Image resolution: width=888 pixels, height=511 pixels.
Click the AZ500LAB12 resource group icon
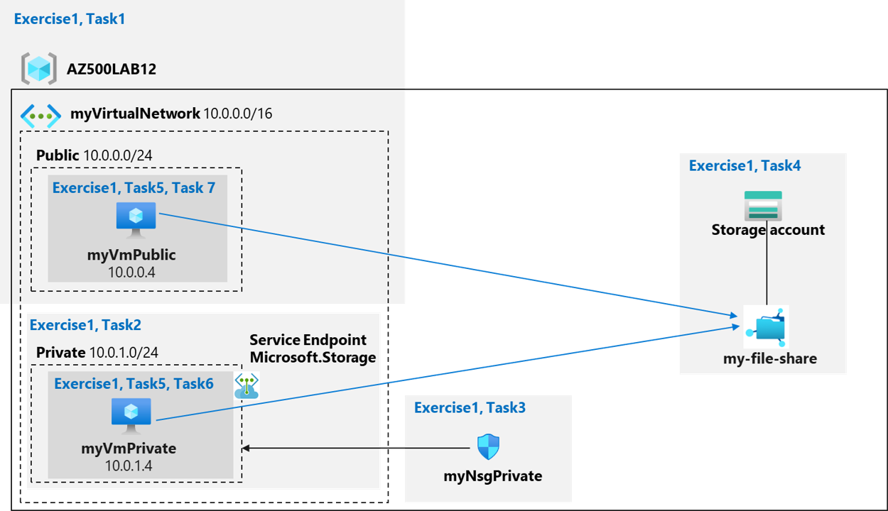(x=38, y=69)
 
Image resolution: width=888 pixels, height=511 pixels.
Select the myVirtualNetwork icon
(x=40, y=114)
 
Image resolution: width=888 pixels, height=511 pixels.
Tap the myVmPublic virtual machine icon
(x=136, y=219)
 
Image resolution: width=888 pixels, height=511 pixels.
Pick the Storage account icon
(x=763, y=206)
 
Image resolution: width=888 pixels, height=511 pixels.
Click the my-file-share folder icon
(x=765, y=326)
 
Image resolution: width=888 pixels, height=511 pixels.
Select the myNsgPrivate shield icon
(x=488, y=447)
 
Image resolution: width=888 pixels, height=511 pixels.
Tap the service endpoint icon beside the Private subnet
(x=247, y=385)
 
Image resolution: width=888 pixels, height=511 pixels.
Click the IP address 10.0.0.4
(x=131, y=273)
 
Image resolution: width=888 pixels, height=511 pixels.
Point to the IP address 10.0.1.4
(x=129, y=466)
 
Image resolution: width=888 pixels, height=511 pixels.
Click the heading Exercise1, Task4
(x=744, y=166)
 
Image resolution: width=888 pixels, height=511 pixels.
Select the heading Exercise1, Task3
(x=470, y=407)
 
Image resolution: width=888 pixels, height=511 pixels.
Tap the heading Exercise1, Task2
(x=85, y=325)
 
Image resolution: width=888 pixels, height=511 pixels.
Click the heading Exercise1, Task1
(x=70, y=19)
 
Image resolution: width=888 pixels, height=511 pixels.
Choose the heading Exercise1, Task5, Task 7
(x=134, y=188)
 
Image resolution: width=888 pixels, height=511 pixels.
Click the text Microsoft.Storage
(x=313, y=357)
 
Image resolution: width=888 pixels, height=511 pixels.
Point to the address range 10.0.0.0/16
(x=238, y=114)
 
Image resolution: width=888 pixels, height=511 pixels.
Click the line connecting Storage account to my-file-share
(x=767, y=270)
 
